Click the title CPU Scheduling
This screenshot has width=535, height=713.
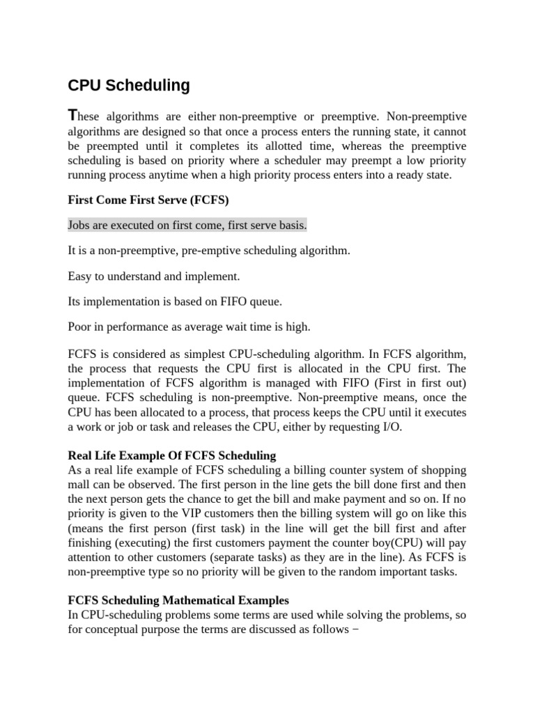pos(128,86)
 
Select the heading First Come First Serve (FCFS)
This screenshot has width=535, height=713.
pos(148,200)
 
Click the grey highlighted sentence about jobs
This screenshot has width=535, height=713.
pos(187,226)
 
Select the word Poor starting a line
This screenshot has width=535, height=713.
pos(80,327)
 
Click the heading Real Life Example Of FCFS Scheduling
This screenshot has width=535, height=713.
pos(171,455)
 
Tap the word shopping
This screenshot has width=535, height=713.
pos(444,470)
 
